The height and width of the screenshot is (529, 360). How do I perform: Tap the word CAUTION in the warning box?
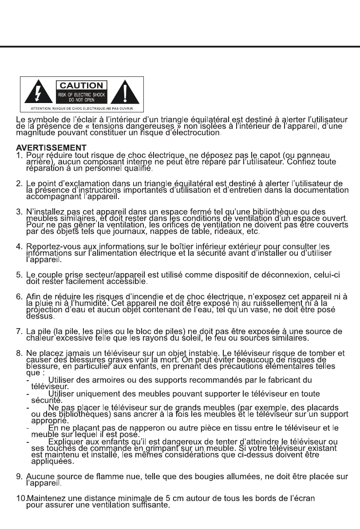81,85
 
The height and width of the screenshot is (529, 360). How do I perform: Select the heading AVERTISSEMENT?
51,147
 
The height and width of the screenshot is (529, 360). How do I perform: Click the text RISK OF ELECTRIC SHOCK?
81,94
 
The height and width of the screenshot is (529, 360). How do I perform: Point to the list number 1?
19,155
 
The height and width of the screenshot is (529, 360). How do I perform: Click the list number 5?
19,275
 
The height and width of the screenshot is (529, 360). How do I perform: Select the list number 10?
20,498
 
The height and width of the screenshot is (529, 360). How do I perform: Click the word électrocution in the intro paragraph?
198,133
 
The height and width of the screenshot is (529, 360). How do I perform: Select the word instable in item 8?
201,354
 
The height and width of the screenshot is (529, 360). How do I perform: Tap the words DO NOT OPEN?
81,99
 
